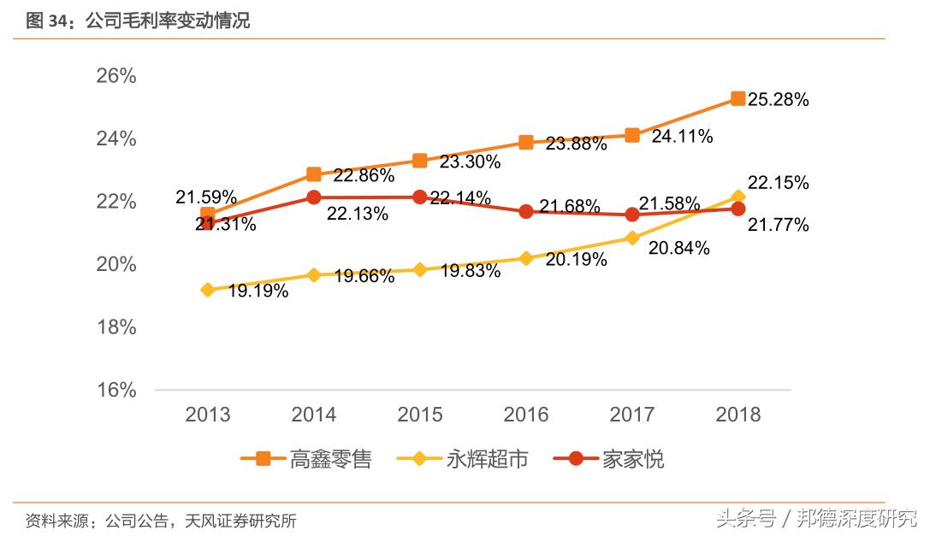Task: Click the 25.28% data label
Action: (x=778, y=100)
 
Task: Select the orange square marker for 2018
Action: (x=737, y=98)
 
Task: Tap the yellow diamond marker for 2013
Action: (x=208, y=290)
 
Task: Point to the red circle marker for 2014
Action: (x=314, y=197)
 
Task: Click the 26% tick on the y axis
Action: (x=116, y=76)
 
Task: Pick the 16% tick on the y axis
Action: (x=116, y=390)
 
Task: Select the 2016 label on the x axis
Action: (x=525, y=415)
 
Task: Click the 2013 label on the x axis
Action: (x=208, y=415)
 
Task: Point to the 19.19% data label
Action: (x=258, y=291)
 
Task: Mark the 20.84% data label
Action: (x=679, y=249)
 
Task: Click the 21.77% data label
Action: (x=778, y=225)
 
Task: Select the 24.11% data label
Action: (x=682, y=137)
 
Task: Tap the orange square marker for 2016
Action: (x=526, y=142)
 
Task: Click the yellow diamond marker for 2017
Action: (x=632, y=238)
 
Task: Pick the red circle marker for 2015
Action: (x=420, y=197)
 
